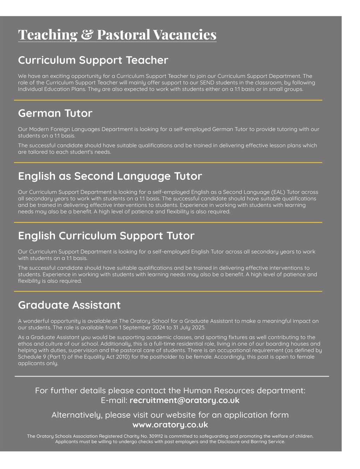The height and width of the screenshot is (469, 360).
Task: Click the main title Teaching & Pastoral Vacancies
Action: [117, 34]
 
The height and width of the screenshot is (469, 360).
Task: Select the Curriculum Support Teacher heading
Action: [93, 60]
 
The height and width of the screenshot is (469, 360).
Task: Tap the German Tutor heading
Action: [55, 113]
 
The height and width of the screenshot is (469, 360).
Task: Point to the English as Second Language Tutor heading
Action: [110, 176]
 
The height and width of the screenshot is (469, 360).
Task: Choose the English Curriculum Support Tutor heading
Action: [106, 235]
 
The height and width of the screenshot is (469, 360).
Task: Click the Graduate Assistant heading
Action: [69, 305]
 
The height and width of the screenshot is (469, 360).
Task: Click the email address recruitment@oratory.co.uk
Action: [184, 400]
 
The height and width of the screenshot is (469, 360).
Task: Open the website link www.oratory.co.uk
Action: [170, 425]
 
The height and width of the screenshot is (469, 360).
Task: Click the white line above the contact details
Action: [172, 376]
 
